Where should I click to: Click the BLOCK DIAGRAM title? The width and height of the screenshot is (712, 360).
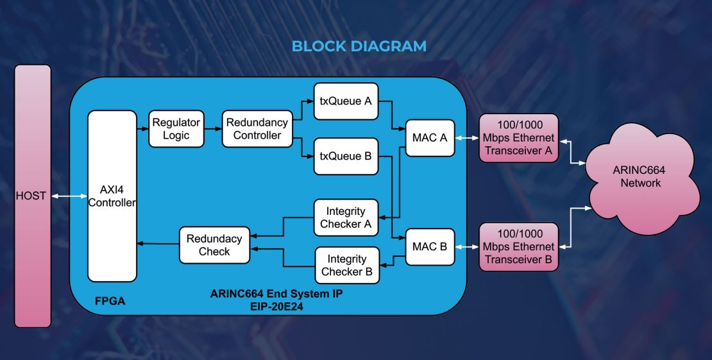pos(359,46)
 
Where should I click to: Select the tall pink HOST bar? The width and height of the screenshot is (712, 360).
pos(31,196)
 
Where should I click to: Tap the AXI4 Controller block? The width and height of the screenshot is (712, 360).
pos(112,196)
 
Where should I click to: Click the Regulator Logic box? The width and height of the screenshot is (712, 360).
pos(176,128)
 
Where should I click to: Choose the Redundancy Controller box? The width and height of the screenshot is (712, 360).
pos(257,128)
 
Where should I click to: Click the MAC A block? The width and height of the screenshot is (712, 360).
pos(430,136)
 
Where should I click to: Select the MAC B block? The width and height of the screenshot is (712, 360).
pos(430,246)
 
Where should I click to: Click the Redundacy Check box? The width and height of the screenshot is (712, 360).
pos(214,244)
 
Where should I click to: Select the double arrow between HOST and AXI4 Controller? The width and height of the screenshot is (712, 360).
pos(69,196)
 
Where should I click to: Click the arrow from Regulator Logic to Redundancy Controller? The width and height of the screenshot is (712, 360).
pos(212,128)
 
